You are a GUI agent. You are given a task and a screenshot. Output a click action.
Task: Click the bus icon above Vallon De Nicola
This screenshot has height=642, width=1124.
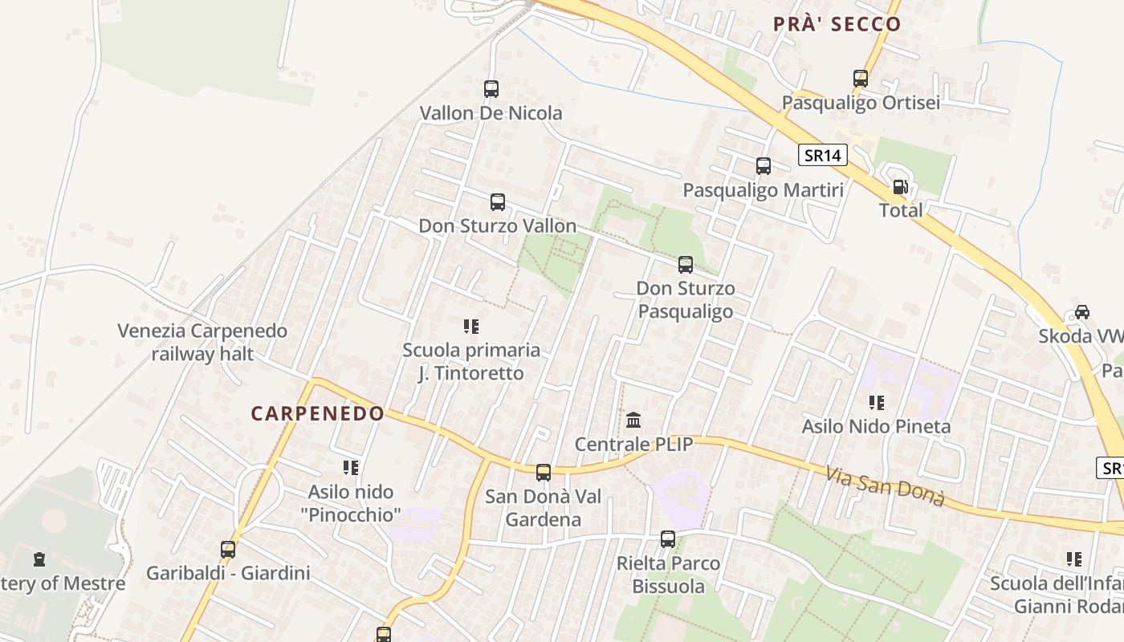click(491, 89)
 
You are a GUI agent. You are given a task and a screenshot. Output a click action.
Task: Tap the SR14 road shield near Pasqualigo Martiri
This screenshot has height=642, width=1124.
click(823, 155)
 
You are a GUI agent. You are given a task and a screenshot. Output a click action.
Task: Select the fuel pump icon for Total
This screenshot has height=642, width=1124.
click(901, 187)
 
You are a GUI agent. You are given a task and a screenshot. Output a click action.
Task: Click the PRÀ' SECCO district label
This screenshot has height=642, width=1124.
click(837, 24)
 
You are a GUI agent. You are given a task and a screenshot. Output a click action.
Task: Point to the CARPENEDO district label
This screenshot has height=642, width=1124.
click(318, 413)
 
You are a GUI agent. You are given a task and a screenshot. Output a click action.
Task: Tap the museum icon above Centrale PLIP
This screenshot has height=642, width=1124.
click(633, 420)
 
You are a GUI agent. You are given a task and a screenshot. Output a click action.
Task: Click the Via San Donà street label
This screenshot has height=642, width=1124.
click(885, 486)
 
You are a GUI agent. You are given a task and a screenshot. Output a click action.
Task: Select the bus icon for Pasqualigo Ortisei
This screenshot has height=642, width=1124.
click(861, 79)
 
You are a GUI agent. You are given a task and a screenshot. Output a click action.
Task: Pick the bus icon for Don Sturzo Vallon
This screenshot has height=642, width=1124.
click(498, 202)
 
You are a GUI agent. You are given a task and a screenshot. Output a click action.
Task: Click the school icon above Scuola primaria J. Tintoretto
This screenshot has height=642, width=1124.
click(471, 327)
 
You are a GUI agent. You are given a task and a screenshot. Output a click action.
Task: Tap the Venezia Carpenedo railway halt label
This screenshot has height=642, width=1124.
click(202, 342)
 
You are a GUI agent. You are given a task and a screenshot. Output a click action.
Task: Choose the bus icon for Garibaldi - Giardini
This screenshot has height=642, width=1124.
click(228, 550)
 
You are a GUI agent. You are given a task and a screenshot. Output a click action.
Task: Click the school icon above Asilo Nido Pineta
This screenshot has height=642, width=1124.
click(876, 403)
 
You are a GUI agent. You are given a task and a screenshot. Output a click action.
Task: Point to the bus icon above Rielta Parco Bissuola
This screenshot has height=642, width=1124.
click(668, 539)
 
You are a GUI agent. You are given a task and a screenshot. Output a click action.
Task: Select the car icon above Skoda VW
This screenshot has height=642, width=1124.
click(1081, 312)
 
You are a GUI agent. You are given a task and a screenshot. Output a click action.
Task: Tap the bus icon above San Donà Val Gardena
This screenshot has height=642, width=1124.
click(544, 473)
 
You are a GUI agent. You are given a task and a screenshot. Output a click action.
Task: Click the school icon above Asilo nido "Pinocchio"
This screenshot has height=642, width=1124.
click(350, 467)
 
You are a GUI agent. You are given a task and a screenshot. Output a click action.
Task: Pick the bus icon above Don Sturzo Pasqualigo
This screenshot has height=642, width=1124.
click(685, 264)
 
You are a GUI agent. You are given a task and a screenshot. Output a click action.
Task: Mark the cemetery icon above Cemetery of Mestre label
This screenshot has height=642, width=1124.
click(39, 559)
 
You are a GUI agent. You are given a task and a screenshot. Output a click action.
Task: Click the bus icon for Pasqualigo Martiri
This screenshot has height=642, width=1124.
click(764, 166)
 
